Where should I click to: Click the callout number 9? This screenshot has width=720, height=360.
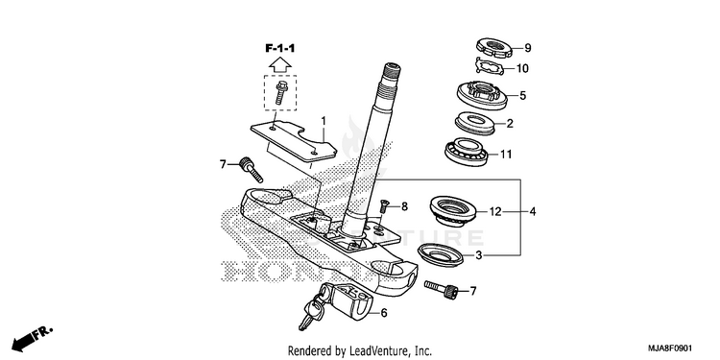click(528, 48)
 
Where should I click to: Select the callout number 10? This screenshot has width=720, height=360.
click(522, 69)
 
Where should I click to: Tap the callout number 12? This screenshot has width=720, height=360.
click(494, 212)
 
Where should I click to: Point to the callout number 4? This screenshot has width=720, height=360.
click(532, 212)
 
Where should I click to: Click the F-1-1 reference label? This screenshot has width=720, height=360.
click(279, 48)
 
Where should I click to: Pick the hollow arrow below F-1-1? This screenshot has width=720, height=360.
click(280, 64)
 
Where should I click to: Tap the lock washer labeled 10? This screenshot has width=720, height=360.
click(490, 67)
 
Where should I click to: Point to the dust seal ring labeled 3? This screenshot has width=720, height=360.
click(441, 254)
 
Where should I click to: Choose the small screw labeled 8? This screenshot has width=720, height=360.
click(385, 207)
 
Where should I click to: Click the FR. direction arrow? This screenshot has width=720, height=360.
click(32, 339)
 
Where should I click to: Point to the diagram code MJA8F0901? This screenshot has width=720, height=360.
click(668, 348)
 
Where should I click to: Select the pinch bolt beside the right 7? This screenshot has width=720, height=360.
click(442, 289)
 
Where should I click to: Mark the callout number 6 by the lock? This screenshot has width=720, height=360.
click(384, 313)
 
